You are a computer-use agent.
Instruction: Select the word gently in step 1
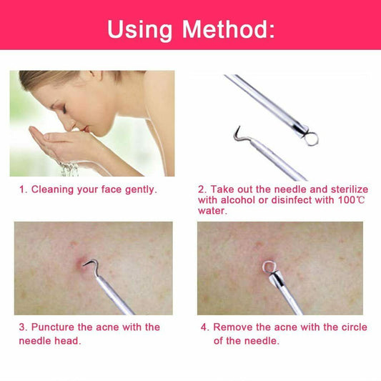pos(141,189)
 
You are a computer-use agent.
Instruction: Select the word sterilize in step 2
pos(344,189)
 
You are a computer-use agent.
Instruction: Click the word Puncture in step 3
pos(54,327)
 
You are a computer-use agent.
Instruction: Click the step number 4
pos(204,327)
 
